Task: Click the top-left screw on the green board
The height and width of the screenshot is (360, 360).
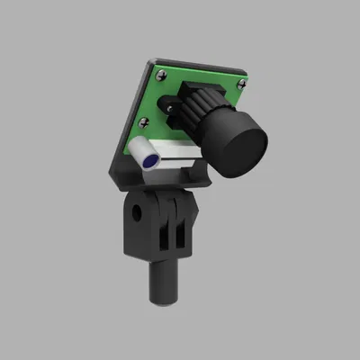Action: pos(159,73)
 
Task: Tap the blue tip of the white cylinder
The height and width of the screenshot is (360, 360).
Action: pos(149,159)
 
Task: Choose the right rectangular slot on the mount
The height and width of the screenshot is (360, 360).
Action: pos(183,232)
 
